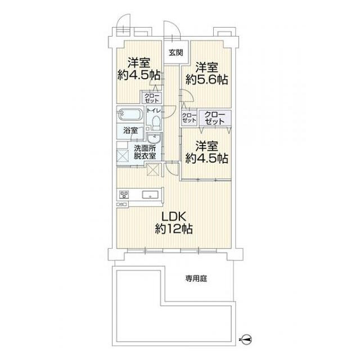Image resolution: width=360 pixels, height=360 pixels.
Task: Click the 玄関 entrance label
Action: click(x=175, y=53)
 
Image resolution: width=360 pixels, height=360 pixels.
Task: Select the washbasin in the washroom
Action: click(x=154, y=139)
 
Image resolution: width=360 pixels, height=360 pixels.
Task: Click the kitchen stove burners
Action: click(x=124, y=195)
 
